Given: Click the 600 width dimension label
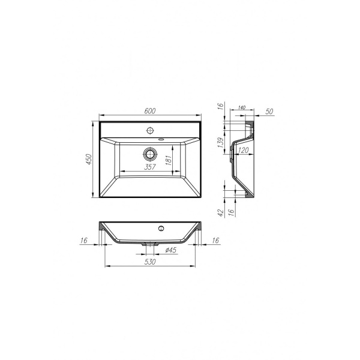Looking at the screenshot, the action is point(150,110).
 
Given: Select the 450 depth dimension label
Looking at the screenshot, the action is point(89,159).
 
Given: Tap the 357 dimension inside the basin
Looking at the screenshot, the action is point(150,167).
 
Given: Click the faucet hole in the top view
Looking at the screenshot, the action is point(150,130).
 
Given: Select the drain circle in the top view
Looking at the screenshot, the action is point(151,154).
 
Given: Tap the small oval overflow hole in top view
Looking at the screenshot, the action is point(161,139).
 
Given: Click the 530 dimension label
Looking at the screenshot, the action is point(150,262).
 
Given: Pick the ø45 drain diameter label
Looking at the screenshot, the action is point(171,250).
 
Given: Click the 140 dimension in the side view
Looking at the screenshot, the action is point(242,107).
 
